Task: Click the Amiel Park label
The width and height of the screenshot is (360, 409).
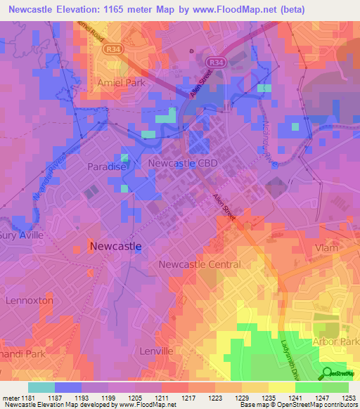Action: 105,82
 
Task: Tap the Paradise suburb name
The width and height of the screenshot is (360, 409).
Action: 106,167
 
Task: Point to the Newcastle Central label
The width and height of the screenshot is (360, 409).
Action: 200,264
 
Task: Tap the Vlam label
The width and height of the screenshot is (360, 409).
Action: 328,248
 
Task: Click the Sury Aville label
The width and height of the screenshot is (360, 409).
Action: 21,235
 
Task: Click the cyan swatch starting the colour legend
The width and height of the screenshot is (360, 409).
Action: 41,387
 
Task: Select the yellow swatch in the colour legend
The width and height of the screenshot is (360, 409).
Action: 282,387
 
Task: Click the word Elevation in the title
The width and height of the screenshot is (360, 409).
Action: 83,11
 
